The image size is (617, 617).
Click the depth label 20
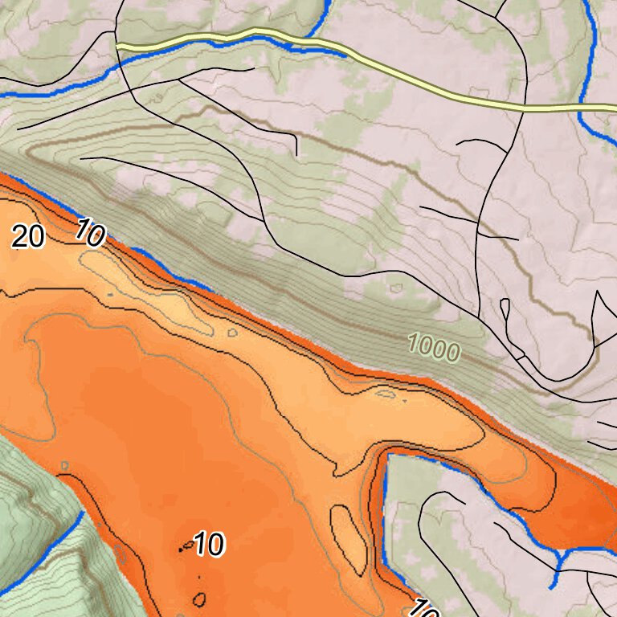27,237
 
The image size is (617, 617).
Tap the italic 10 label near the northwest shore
90,234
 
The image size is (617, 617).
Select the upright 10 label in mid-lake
208,545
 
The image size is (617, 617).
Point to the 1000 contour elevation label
434,348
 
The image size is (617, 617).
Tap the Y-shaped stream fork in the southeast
561,553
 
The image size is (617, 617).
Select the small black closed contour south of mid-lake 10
199,599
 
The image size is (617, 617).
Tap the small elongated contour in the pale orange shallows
386,394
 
